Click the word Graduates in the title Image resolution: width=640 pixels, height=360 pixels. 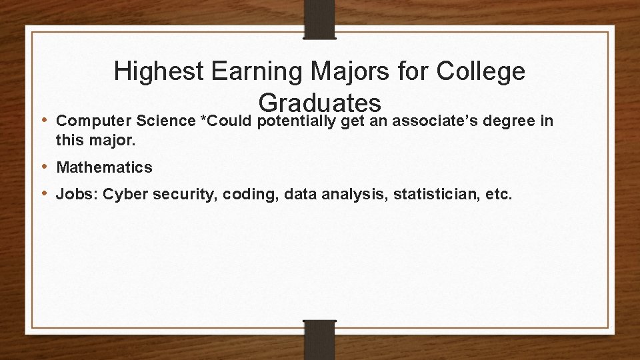pos(320,103)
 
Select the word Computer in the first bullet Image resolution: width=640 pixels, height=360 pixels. pos(93,121)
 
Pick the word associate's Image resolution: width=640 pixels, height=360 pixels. pos(434,121)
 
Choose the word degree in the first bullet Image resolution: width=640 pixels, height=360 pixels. pos(512,121)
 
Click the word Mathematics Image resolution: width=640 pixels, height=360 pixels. pos(105,167)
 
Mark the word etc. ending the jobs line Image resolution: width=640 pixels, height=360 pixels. pos(499,195)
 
